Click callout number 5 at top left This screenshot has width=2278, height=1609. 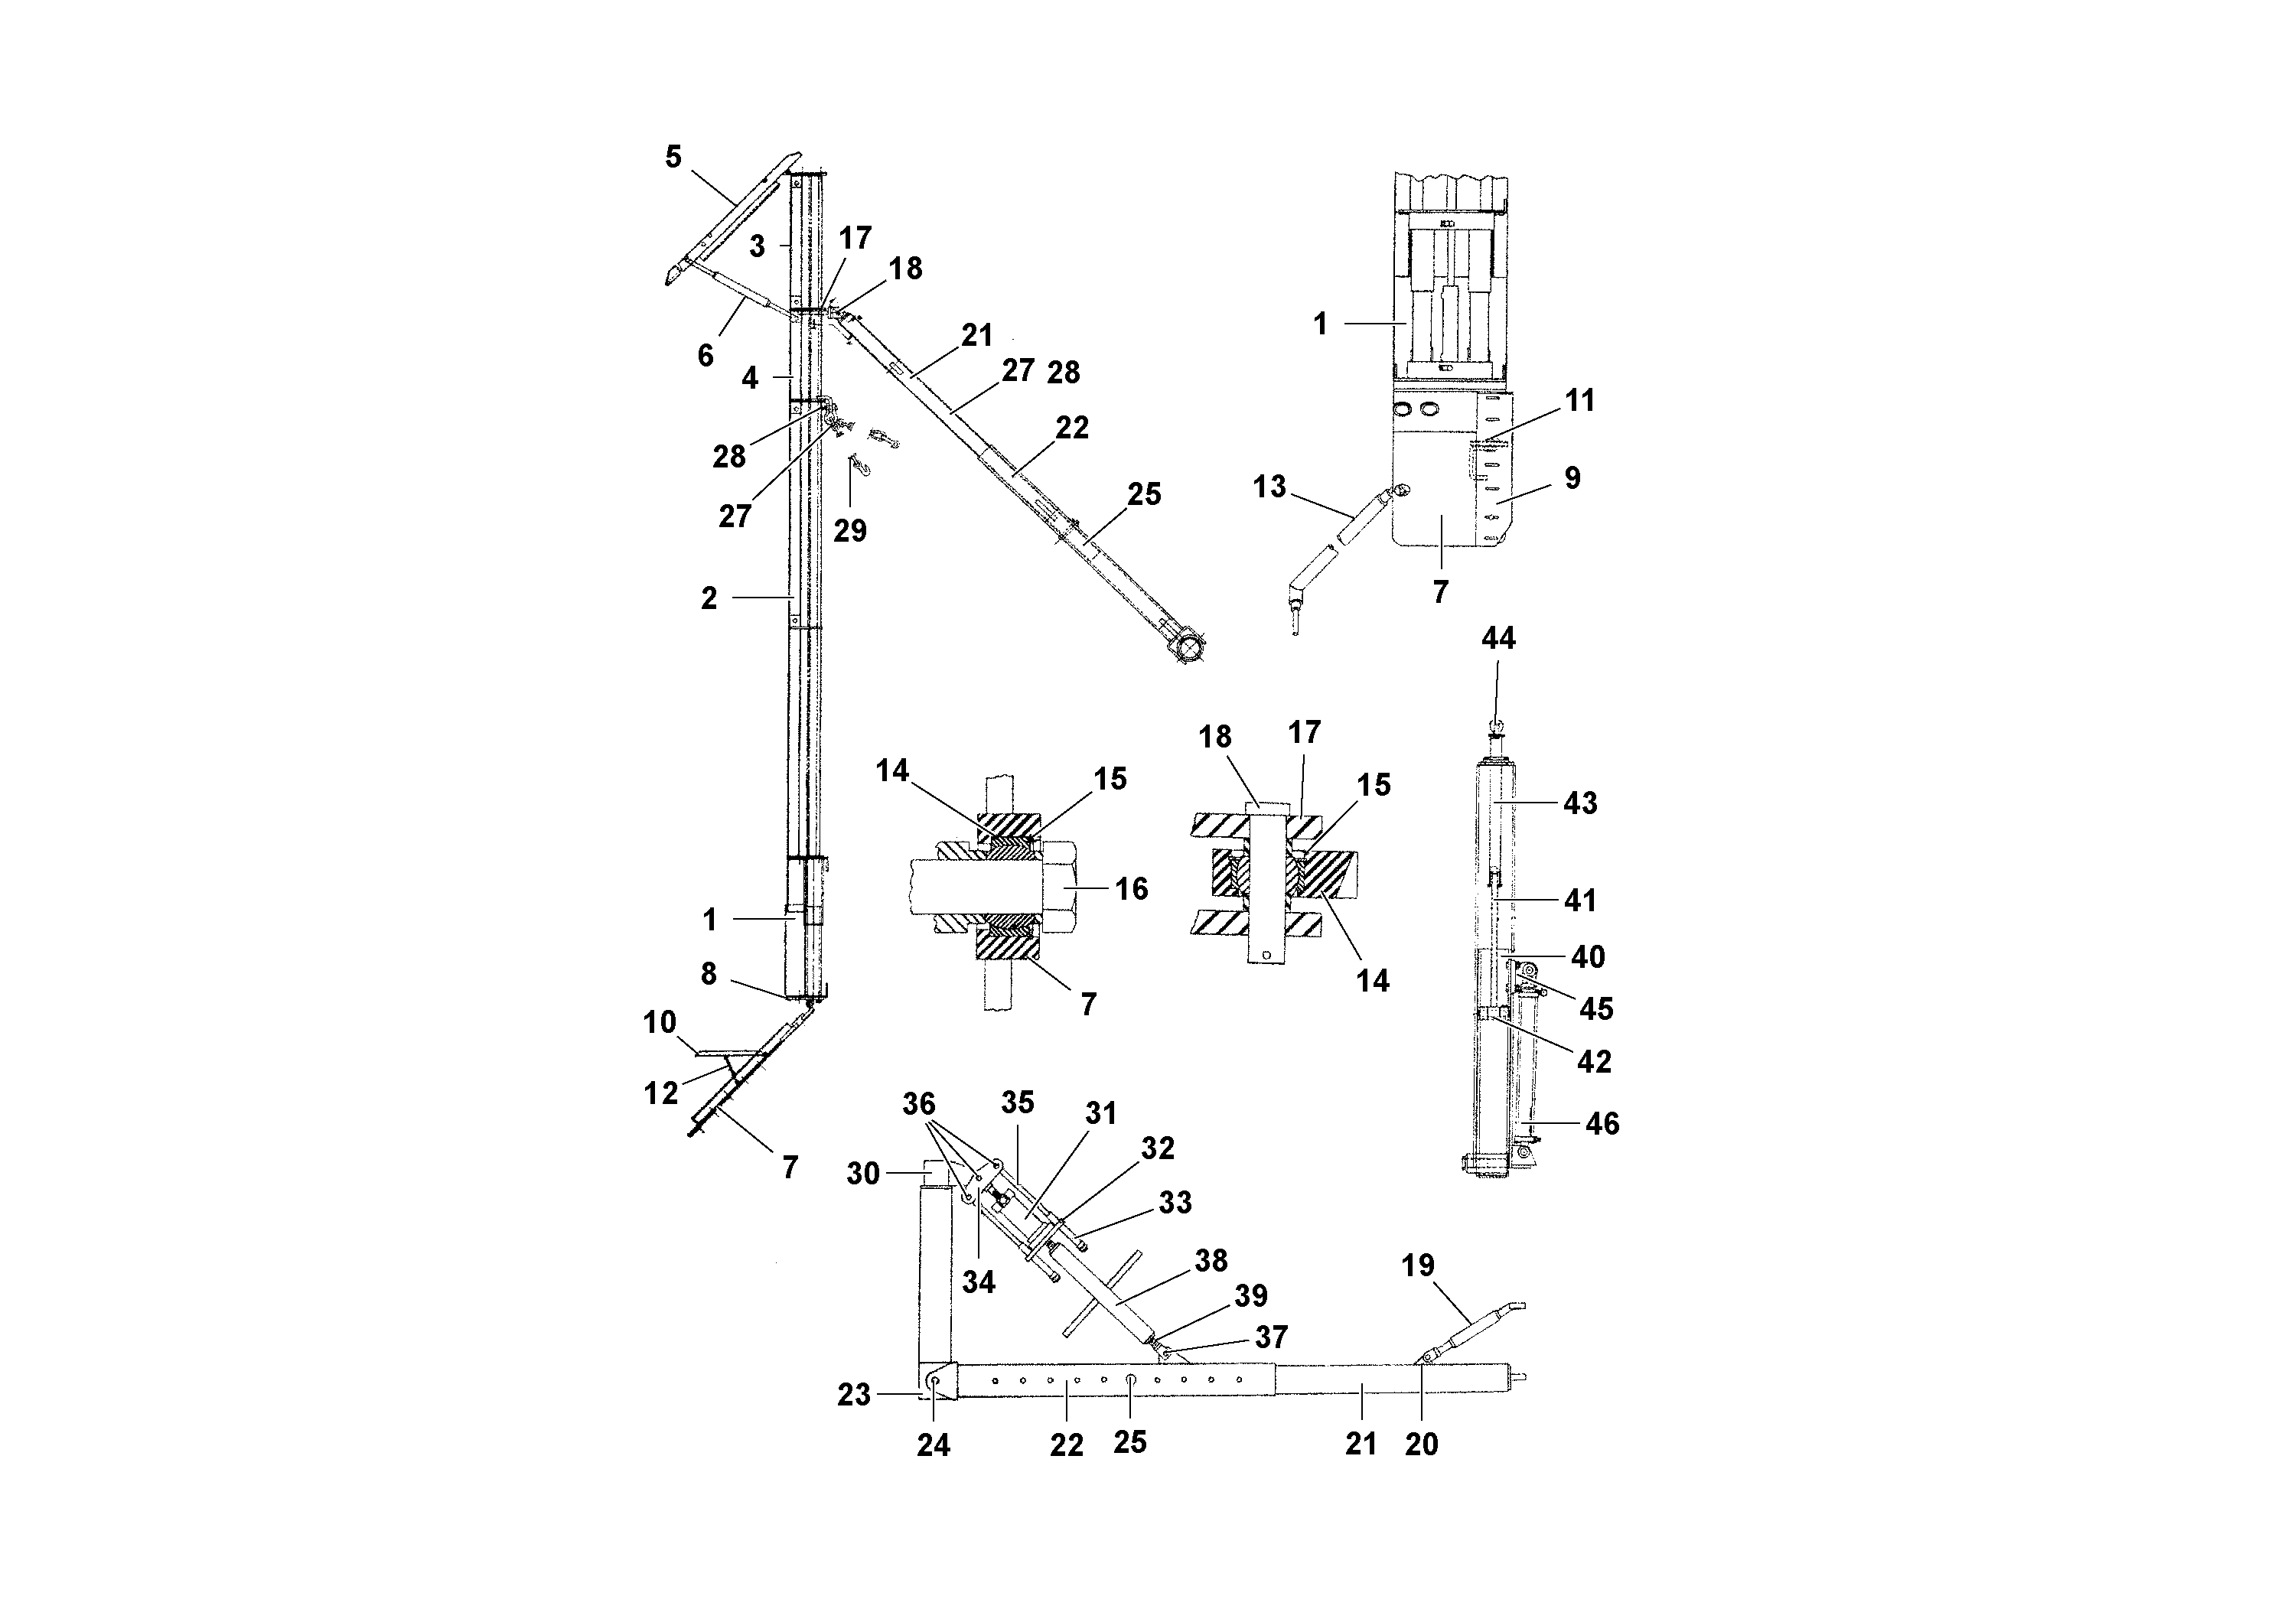point(673,157)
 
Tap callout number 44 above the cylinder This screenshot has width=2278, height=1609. point(1498,639)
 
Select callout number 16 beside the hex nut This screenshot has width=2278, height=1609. point(1131,889)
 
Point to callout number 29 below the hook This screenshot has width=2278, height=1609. point(849,531)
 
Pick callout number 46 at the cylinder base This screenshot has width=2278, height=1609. point(1602,1123)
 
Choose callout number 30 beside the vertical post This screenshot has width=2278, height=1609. point(862,1174)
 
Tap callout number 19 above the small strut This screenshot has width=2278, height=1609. point(1418,1265)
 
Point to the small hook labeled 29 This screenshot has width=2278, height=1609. point(856,464)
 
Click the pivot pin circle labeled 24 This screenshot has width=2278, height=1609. point(934,1381)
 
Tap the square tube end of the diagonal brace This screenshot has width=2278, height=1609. point(1188,647)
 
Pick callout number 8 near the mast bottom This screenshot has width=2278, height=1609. point(709,974)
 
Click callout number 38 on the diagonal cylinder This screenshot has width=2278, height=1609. point(1211,1260)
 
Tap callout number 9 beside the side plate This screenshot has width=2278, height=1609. point(1572,478)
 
